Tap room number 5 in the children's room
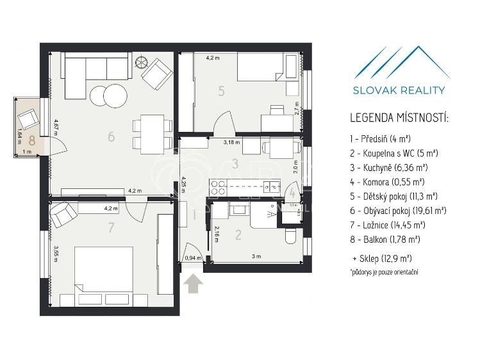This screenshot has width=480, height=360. (220, 91)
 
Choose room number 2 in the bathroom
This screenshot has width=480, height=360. (238, 235)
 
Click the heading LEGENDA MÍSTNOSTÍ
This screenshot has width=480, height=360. (399, 119)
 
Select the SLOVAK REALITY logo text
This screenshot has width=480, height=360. (399, 90)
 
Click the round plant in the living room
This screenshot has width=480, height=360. (142, 63)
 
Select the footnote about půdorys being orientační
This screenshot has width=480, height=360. (383, 273)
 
